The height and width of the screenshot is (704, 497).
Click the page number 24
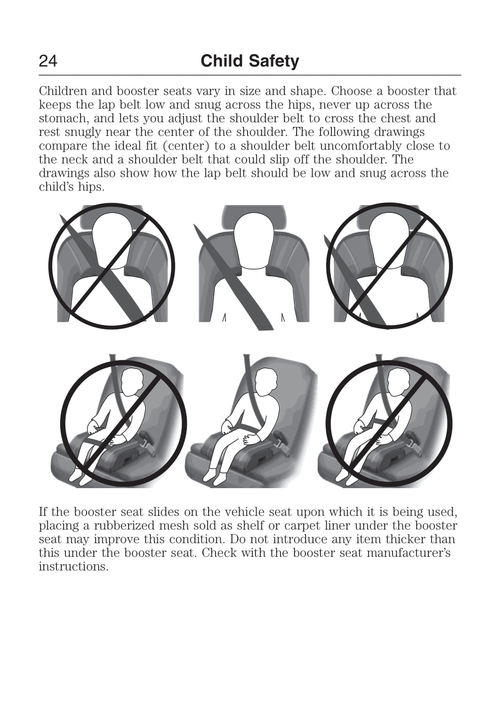click(x=48, y=61)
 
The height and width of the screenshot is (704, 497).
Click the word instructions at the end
click(x=73, y=567)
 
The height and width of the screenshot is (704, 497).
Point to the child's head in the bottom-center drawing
click(x=266, y=382)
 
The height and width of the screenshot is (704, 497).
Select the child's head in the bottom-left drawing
click(x=133, y=382)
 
